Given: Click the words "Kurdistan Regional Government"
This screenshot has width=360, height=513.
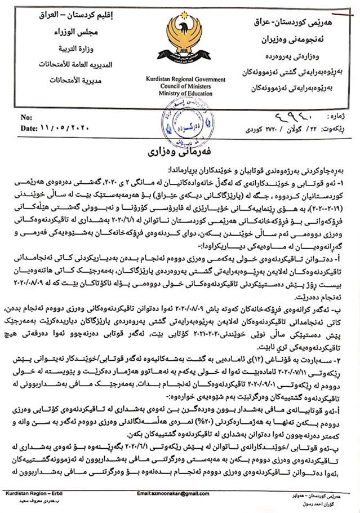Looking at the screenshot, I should coord(180,81).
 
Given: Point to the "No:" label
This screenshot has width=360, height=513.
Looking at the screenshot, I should coord(26,118).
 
